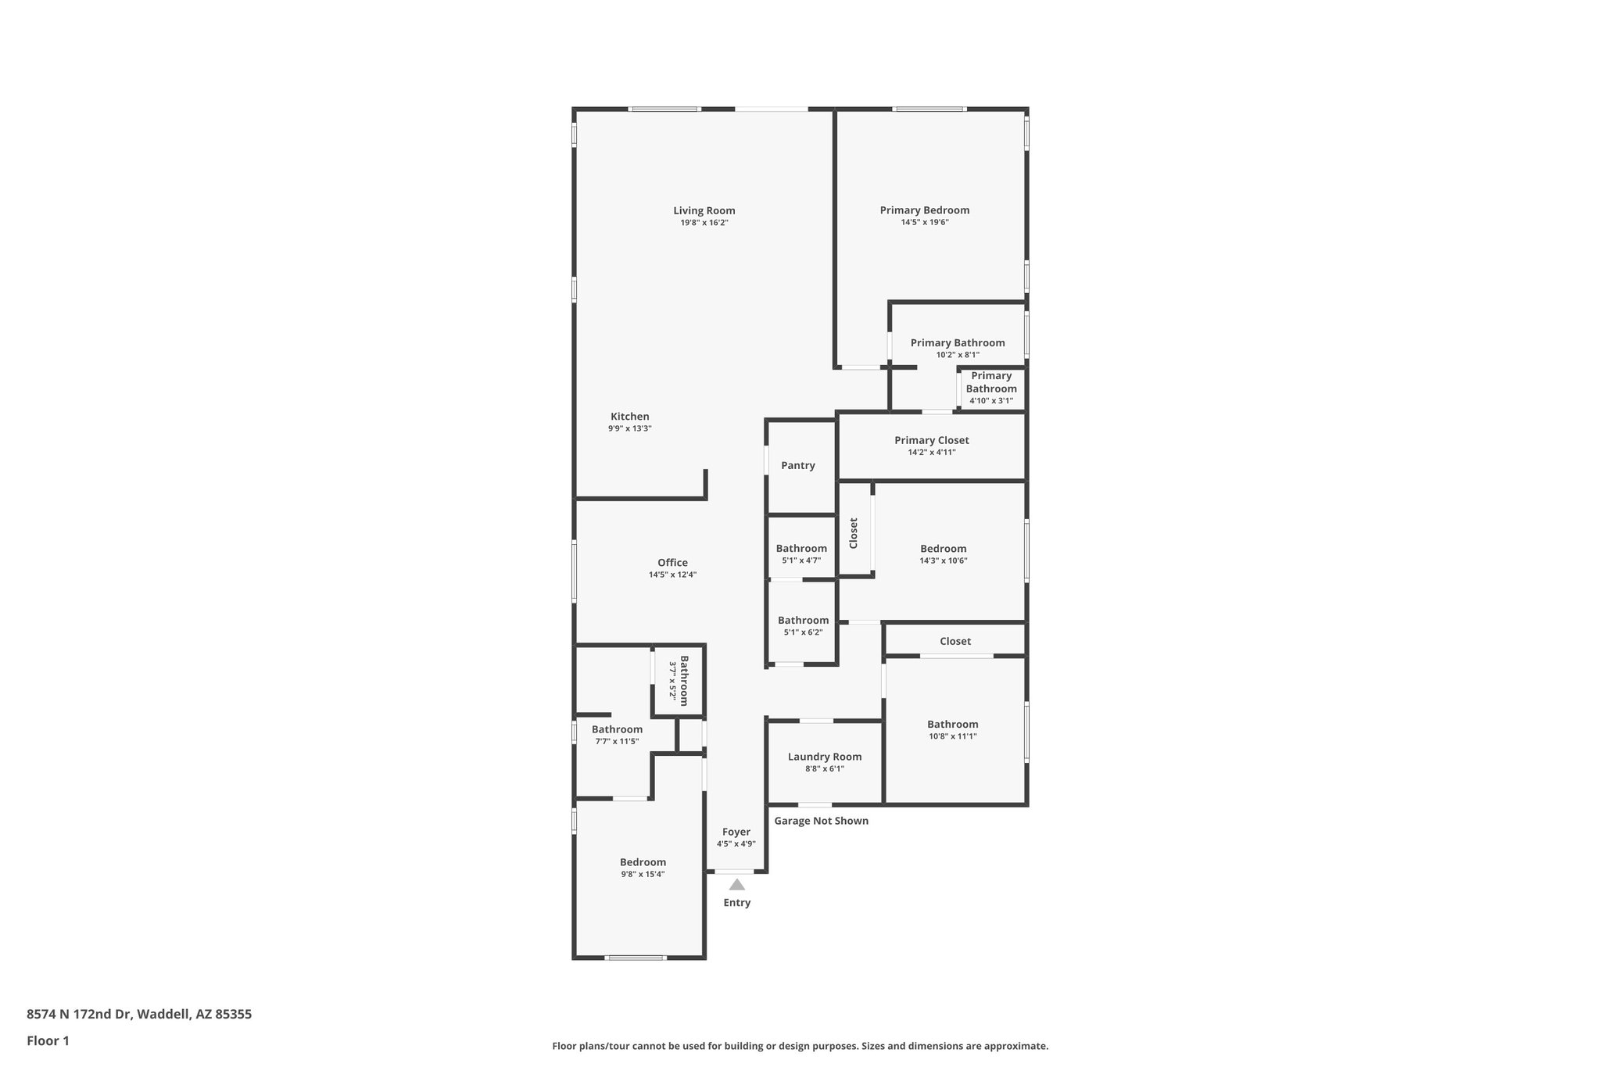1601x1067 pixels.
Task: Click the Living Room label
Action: (x=704, y=210)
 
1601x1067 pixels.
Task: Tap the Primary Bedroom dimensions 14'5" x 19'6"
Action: (x=924, y=222)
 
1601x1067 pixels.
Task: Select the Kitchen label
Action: (x=629, y=417)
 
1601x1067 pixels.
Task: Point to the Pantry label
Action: (x=797, y=466)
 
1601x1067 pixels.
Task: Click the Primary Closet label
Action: (x=931, y=440)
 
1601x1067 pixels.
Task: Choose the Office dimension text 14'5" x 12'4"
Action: (x=672, y=575)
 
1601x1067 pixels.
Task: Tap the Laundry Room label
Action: (x=824, y=757)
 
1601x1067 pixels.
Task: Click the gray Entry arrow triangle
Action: (x=736, y=885)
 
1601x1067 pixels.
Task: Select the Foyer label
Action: (x=736, y=832)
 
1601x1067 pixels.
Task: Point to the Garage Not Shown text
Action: (x=821, y=821)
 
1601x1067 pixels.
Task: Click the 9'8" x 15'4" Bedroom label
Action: (x=643, y=863)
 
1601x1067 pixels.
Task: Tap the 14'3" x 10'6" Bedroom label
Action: (x=943, y=549)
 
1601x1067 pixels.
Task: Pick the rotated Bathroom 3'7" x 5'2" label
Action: (x=679, y=680)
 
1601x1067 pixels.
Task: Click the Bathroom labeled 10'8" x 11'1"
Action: (x=952, y=725)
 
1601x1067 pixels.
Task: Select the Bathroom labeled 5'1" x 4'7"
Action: (x=801, y=549)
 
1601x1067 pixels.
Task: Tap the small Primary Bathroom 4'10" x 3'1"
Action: (x=991, y=382)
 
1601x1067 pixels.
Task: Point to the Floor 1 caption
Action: (x=48, y=1040)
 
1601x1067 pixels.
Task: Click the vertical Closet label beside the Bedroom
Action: (x=854, y=532)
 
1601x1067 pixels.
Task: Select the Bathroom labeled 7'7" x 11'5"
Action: (x=617, y=729)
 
